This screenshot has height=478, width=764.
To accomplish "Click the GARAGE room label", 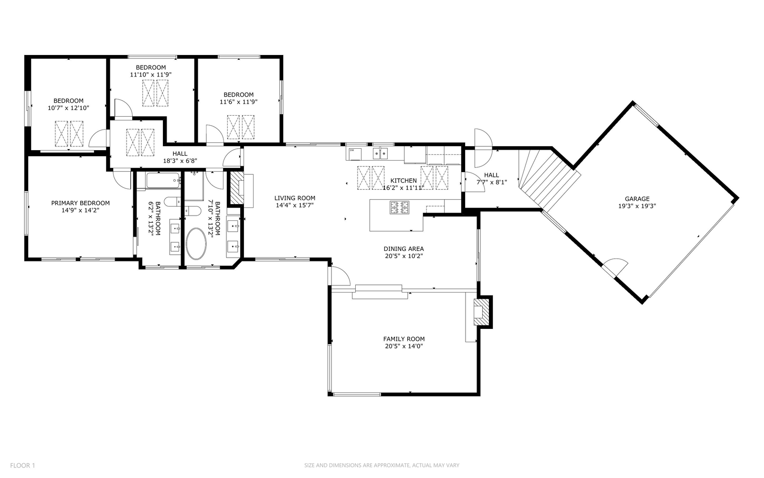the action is [637, 199].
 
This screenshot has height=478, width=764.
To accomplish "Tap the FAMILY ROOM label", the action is [404, 339].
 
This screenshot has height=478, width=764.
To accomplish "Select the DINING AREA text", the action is [403, 249].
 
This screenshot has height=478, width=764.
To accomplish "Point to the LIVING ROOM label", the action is [295, 198].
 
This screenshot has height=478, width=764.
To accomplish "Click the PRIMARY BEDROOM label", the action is [81, 203].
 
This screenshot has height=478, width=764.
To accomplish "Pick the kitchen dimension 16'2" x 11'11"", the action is [403, 188].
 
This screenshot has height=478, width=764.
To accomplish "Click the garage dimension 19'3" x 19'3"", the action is [637, 206].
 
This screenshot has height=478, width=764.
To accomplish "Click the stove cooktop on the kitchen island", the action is [399, 207].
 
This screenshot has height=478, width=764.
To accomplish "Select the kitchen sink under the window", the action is [380, 153].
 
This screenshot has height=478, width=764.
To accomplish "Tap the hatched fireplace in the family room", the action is [481, 312].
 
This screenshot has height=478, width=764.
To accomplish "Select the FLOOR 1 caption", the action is [22, 466].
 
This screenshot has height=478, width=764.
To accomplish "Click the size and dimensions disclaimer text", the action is [382, 466].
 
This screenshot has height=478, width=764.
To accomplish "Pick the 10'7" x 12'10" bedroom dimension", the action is [68, 108].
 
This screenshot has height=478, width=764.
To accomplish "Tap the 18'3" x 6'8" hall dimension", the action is [180, 161].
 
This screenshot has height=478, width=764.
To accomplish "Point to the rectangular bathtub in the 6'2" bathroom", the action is [163, 180].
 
